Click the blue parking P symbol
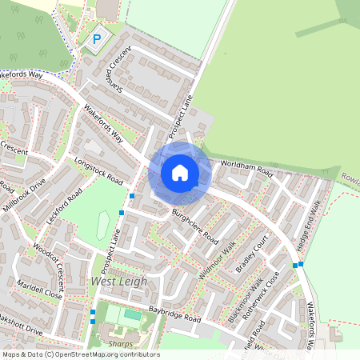[x=98, y=39]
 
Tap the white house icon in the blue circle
[x=180, y=173]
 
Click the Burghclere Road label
[x=194, y=226]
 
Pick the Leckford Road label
[x=65, y=208]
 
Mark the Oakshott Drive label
[x=20, y=328]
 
